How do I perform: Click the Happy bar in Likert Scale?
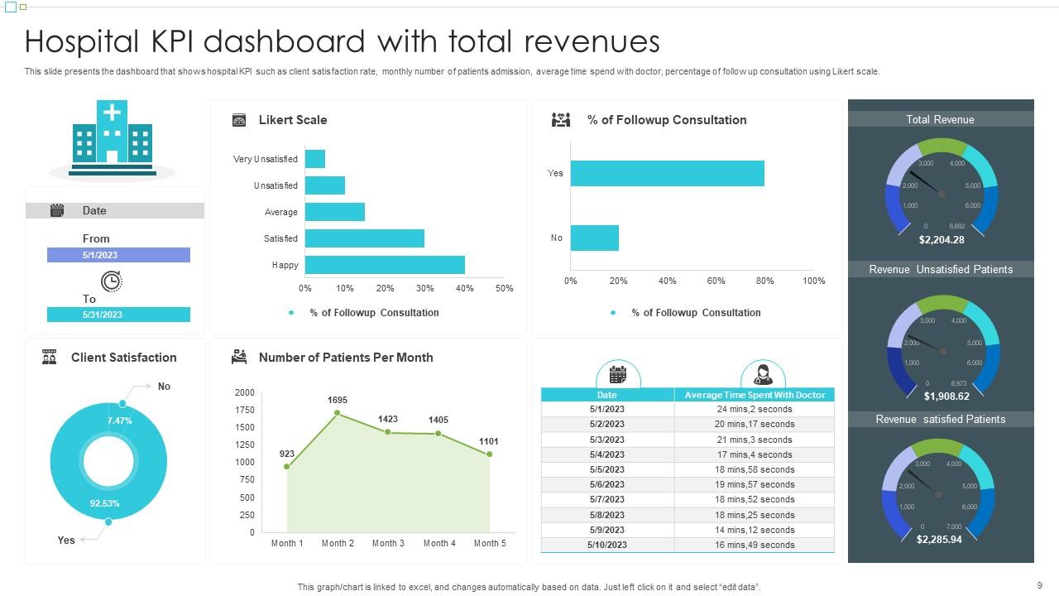click(x=385, y=265)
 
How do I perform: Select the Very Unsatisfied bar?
click(x=315, y=159)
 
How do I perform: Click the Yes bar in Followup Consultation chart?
click(x=667, y=173)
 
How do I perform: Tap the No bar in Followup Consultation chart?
click(x=594, y=238)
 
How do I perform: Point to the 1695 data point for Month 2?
click(x=338, y=412)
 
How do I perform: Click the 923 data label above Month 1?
click(x=287, y=454)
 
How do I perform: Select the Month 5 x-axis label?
click(x=490, y=543)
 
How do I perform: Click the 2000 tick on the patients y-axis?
click(x=245, y=392)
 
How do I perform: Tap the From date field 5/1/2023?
click(x=118, y=256)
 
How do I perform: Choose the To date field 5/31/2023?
click(x=118, y=315)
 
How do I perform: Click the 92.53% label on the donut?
click(x=105, y=503)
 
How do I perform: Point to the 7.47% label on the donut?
click(x=119, y=421)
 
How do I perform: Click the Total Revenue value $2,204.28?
click(x=942, y=240)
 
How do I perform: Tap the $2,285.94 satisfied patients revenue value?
click(x=939, y=540)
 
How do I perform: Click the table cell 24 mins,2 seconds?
click(x=754, y=409)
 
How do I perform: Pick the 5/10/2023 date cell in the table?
click(x=607, y=545)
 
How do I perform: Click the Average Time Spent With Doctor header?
click(x=755, y=395)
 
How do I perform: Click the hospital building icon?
click(x=113, y=134)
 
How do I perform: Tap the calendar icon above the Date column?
click(x=618, y=374)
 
